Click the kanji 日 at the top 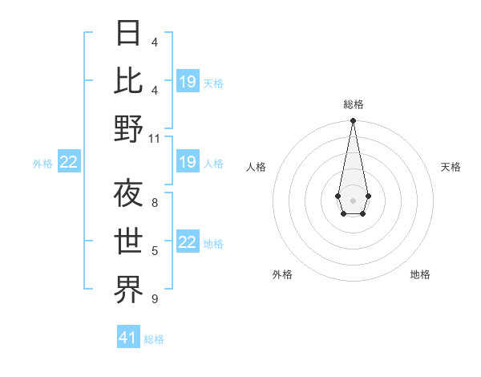point(129,34)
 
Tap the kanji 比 point(129,80)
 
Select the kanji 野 point(129,128)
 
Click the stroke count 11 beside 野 point(155,138)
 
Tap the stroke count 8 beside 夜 point(155,203)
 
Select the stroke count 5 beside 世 point(155,251)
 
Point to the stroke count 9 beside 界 point(155,299)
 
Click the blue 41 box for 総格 point(128,338)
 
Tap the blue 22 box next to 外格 point(68,163)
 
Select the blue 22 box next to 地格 point(188,243)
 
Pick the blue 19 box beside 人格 point(188,163)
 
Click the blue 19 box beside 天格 point(188,82)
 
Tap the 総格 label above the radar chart point(353,104)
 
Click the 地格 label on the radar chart point(420,274)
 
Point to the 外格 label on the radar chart point(282,274)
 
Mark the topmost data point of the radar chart point(353,121)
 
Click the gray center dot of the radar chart point(353,200)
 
